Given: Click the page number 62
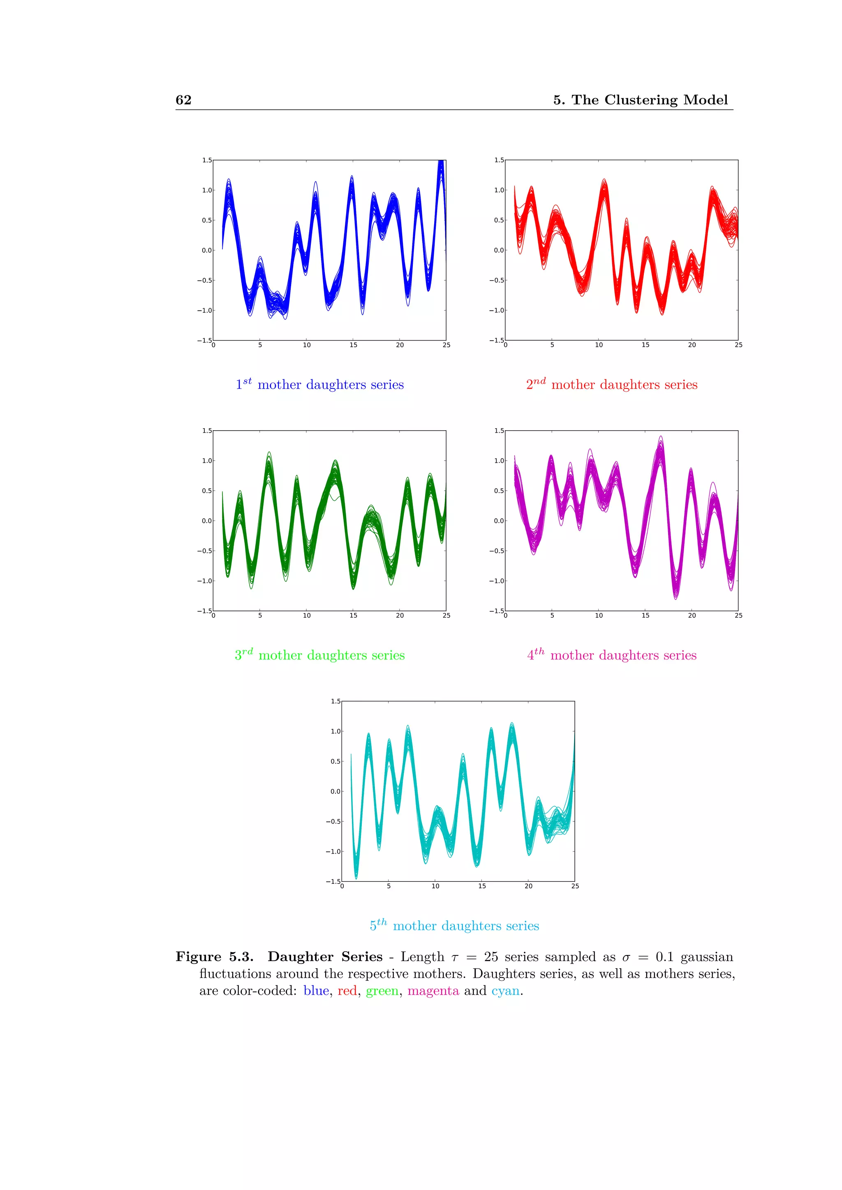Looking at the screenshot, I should coord(183,100).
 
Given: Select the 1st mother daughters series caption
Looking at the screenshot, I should coord(319,384).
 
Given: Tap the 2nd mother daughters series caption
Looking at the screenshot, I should coord(611,384).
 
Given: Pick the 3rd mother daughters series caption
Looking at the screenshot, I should coord(319,655).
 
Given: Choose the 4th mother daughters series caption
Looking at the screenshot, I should coord(611,655).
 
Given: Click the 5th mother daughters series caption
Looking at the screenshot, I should coord(454,925).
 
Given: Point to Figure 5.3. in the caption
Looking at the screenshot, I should coord(214,957).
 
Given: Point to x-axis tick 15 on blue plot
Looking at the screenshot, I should coord(353,345).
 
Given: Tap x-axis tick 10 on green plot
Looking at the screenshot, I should coord(306,616).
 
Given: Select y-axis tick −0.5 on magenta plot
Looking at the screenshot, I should coord(496,551).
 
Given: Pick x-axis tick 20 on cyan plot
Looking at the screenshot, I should coord(528,886).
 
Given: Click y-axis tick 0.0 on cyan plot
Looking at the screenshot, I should coord(335,791).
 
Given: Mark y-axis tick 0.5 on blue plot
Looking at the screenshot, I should coord(206,220).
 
